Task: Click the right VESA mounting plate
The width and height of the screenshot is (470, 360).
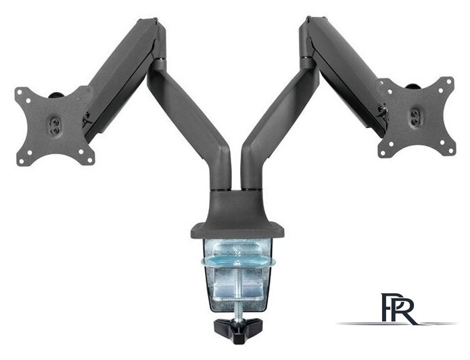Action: [417, 117]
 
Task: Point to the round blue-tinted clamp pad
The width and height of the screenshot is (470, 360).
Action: [238, 261]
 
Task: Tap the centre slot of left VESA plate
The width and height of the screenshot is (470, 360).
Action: [55, 126]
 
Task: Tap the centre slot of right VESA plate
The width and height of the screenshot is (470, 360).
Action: [415, 117]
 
